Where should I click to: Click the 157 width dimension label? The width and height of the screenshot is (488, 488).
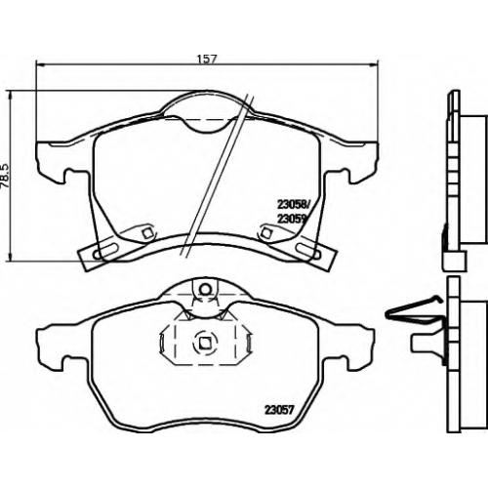pos(207,59)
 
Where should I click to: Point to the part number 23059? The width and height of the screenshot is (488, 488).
pos(291,219)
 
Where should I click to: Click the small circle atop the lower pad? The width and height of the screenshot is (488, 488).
pos(205,288)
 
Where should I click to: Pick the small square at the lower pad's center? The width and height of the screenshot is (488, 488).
pos(204,343)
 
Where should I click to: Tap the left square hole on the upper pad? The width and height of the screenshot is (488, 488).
pos(147,232)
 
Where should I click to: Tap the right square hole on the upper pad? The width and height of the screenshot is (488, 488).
pos(266,232)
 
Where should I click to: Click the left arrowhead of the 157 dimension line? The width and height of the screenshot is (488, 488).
pos(38,64)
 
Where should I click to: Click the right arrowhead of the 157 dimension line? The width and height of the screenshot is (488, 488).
pos(375,64)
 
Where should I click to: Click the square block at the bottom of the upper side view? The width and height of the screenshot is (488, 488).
pos(455,261)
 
